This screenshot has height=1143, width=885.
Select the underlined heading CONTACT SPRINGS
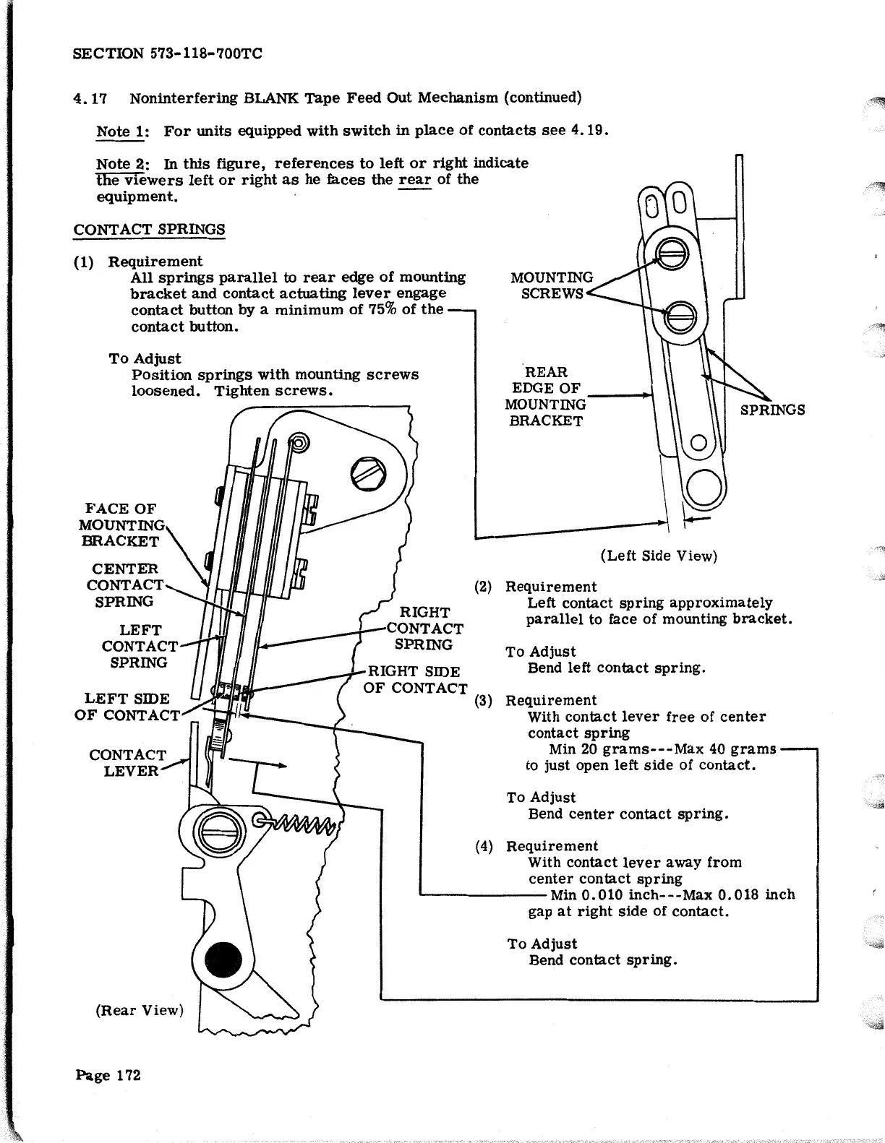click(149, 230)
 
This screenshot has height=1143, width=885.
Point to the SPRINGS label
click(772, 410)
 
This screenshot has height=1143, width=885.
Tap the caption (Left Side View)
click(659, 556)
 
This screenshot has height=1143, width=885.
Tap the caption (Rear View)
click(140, 1009)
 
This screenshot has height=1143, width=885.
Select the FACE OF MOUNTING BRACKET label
click(120, 525)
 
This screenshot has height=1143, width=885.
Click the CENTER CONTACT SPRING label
click(124, 585)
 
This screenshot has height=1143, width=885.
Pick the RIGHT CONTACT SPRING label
click(424, 628)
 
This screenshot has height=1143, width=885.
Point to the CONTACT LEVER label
click(127, 762)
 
